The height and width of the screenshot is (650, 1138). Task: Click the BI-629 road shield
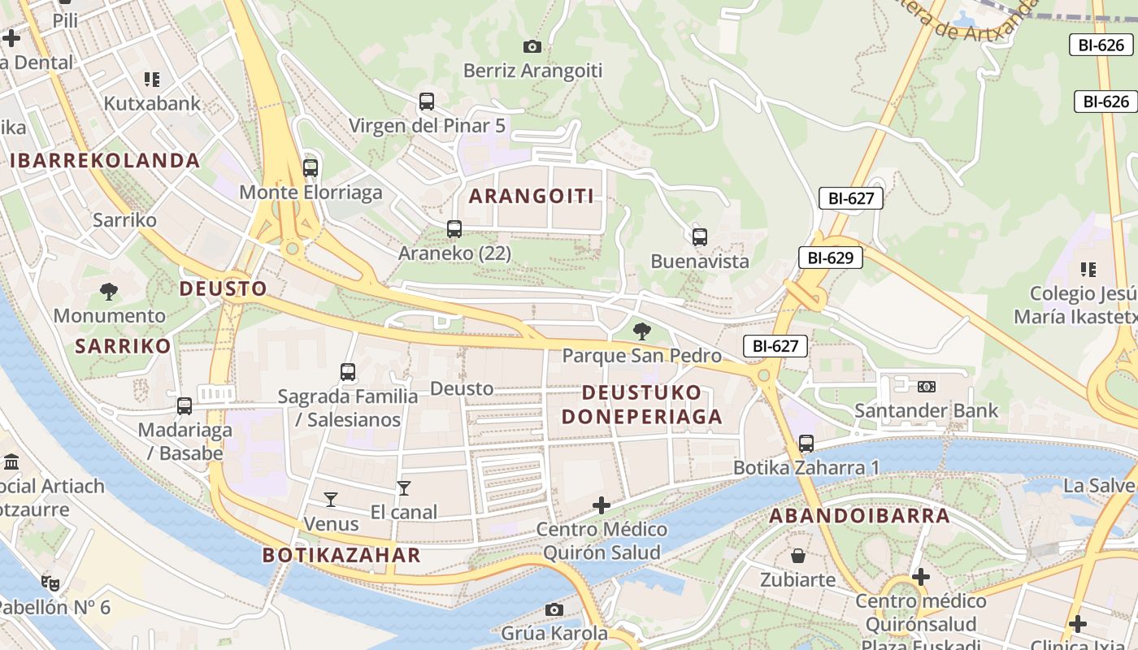pyautogui.click(x=830, y=258)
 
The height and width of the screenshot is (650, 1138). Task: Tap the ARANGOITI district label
pyautogui.click(x=532, y=196)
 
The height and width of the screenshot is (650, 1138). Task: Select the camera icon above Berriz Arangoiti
pyautogui.click(x=532, y=47)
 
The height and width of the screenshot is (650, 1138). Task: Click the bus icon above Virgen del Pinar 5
pyautogui.click(x=427, y=102)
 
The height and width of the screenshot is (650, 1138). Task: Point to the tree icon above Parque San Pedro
pyautogui.click(x=642, y=331)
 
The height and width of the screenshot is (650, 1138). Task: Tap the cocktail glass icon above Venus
pyautogui.click(x=331, y=499)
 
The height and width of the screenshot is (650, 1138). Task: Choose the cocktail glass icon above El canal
pyautogui.click(x=404, y=487)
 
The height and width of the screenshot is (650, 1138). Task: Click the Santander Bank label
pyautogui.click(x=926, y=410)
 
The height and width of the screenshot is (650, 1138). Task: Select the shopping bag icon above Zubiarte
pyautogui.click(x=798, y=556)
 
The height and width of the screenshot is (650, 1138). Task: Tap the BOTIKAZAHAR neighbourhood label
pyautogui.click(x=341, y=556)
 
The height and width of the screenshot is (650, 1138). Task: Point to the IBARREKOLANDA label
pyautogui.click(x=105, y=160)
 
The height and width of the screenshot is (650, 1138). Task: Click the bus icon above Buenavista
pyautogui.click(x=700, y=237)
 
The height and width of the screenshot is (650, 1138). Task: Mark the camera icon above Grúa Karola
pyautogui.click(x=554, y=609)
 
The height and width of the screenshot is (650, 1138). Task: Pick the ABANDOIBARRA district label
pyautogui.click(x=859, y=516)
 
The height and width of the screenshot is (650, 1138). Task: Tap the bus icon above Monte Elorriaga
pyautogui.click(x=311, y=168)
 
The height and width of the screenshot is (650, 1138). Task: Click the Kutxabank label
pyautogui.click(x=152, y=104)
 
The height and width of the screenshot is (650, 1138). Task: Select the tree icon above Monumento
pyautogui.click(x=109, y=291)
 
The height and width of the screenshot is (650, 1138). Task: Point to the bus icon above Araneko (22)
pyautogui.click(x=454, y=229)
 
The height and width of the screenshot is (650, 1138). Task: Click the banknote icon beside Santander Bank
pyautogui.click(x=926, y=387)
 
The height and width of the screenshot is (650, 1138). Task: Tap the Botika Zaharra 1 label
pyautogui.click(x=806, y=468)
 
